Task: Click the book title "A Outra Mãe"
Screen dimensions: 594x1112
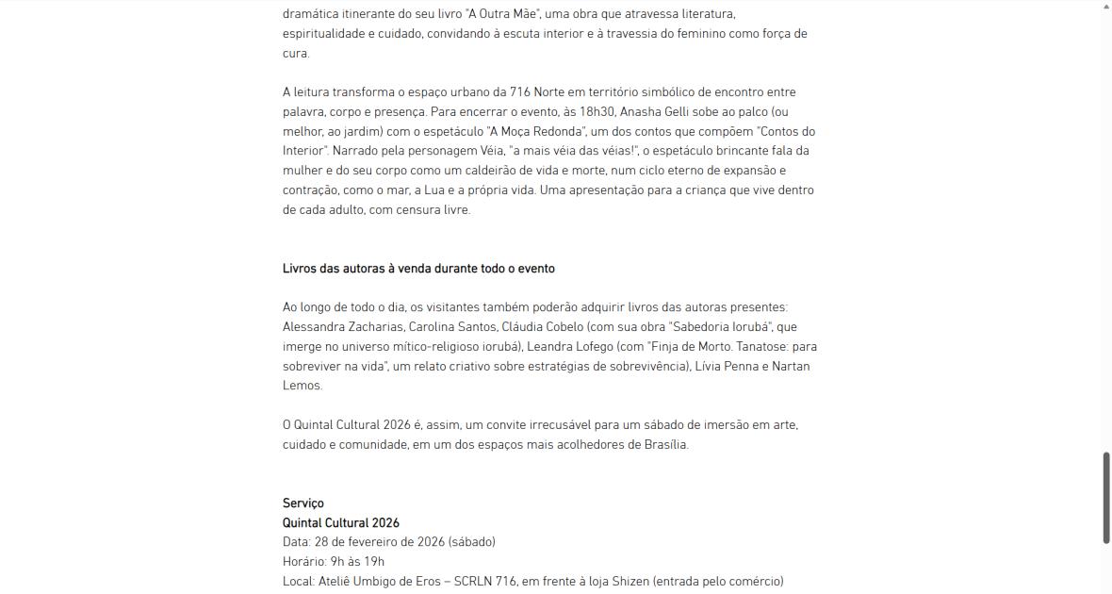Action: click(505, 14)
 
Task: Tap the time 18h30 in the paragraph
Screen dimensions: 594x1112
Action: click(597, 111)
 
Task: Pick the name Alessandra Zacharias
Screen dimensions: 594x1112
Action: click(343, 327)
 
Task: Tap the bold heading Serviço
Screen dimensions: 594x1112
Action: click(303, 503)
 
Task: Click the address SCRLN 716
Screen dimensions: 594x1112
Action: click(485, 582)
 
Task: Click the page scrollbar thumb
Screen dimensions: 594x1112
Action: click(1106, 497)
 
